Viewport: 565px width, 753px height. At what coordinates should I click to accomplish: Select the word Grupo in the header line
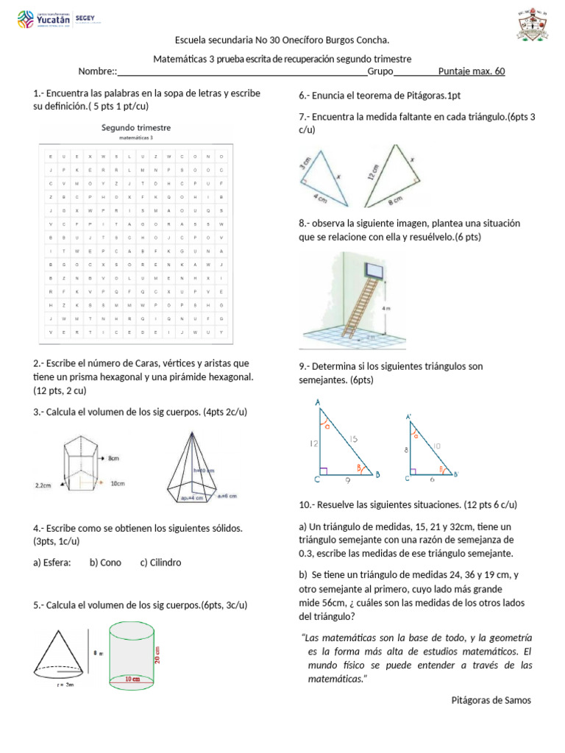tap(380, 71)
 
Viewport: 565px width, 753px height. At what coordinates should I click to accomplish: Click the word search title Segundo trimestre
tap(135, 127)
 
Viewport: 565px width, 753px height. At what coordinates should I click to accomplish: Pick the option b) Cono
tap(105, 563)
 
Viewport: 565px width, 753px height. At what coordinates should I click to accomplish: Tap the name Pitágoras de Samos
tap(491, 700)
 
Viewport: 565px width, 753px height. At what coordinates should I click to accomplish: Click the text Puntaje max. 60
tap(471, 71)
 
